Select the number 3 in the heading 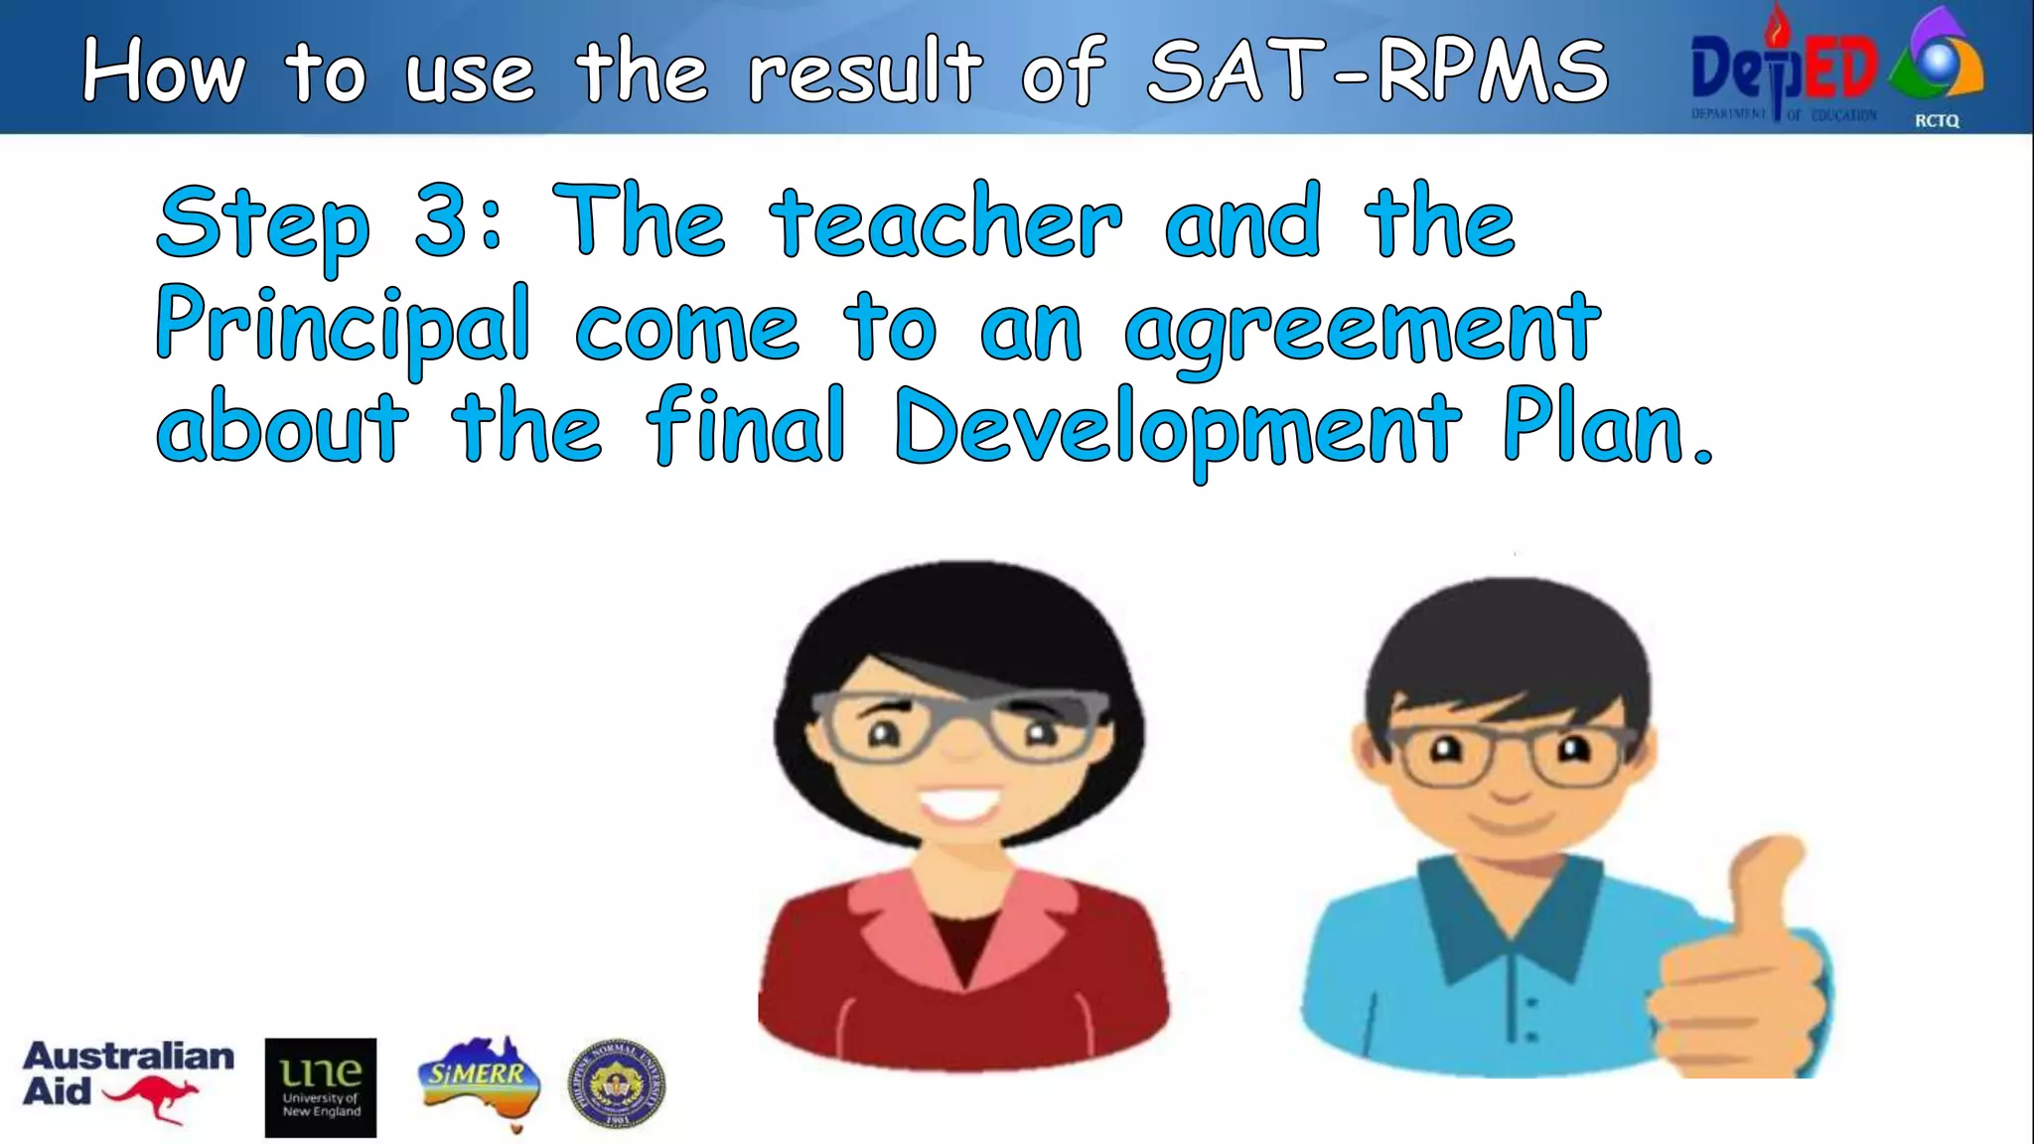(x=442, y=221)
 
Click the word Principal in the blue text (x=343, y=326)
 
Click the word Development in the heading (x=1178, y=429)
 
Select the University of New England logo (x=320, y=1087)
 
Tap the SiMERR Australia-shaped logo (x=481, y=1081)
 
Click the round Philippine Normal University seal (x=617, y=1084)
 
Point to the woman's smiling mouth (x=959, y=802)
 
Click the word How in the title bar (x=164, y=71)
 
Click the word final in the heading (x=746, y=427)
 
